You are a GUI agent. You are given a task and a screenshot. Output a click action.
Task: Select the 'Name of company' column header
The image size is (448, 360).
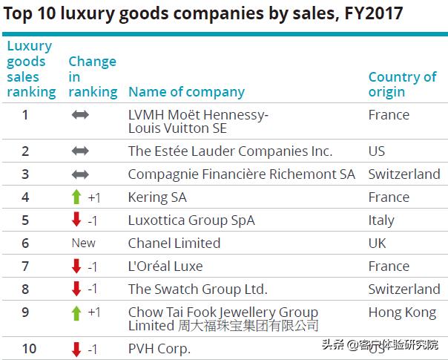pyautogui.click(x=186, y=92)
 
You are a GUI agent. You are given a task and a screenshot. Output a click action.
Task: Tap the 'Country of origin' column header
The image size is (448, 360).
pyautogui.click(x=402, y=84)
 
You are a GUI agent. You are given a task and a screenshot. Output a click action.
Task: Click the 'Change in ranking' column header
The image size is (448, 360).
pyautogui.click(x=93, y=76)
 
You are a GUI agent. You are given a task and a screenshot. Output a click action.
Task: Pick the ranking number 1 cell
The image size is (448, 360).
pyautogui.click(x=25, y=114)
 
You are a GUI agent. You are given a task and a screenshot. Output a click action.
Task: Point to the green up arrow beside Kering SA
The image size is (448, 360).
pyautogui.click(x=76, y=197)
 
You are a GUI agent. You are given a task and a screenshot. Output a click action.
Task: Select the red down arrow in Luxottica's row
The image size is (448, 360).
pyautogui.click(x=76, y=220)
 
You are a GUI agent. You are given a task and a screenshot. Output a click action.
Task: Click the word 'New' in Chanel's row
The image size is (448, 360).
pyautogui.click(x=84, y=243)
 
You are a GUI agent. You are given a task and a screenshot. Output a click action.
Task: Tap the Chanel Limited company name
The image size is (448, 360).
pyautogui.click(x=174, y=243)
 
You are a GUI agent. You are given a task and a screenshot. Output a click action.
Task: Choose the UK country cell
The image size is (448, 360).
pyautogui.click(x=378, y=243)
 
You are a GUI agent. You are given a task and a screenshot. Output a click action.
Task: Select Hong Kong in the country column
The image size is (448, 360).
pyautogui.click(x=402, y=312)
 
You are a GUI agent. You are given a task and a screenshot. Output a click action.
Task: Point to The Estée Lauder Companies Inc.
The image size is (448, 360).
pyautogui.click(x=230, y=151)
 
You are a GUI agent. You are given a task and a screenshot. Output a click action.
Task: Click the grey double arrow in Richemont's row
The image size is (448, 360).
pyautogui.click(x=80, y=174)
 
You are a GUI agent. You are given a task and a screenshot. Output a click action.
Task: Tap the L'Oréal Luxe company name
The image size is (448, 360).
pyautogui.click(x=165, y=266)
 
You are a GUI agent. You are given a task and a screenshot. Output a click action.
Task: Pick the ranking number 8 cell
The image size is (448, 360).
pyautogui.click(x=25, y=289)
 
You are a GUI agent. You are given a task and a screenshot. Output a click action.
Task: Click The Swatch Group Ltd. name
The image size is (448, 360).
pyautogui.click(x=197, y=289)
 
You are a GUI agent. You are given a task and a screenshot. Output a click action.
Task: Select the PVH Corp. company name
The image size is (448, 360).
pyautogui.click(x=159, y=349)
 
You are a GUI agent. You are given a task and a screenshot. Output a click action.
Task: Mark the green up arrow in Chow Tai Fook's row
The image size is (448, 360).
pyautogui.click(x=76, y=312)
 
